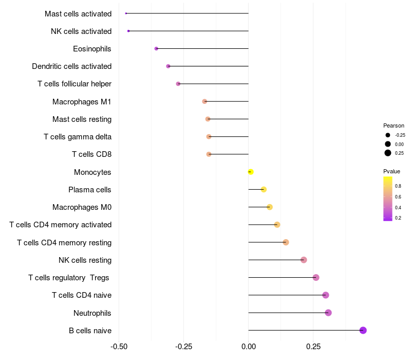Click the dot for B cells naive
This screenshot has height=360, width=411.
pyautogui.click(x=363, y=330)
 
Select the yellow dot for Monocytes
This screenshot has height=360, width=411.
pyautogui.click(x=251, y=172)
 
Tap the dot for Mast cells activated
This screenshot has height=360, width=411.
pyautogui.click(x=126, y=13)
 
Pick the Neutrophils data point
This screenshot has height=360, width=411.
pyautogui.click(x=328, y=313)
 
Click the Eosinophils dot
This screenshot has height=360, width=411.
pyautogui.click(x=156, y=48)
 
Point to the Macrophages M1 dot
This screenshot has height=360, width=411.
pyautogui.click(x=204, y=101)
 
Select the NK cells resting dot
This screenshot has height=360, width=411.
pyautogui.click(x=304, y=260)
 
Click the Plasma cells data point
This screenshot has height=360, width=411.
pyautogui.click(x=264, y=189)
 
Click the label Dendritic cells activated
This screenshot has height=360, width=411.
pyautogui.click(x=71, y=66)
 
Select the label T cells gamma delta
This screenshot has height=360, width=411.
pyautogui.click(x=78, y=137)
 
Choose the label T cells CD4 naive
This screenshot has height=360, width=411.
pyautogui.click(x=82, y=295)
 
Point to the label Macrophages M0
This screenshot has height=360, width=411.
pyautogui.click(x=82, y=207)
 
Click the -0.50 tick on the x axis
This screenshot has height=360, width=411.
pyautogui.click(x=119, y=346)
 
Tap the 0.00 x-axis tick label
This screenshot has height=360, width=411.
pyautogui.click(x=249, y=346)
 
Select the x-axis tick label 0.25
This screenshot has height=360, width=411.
pyautogui.click(x=313, y=346)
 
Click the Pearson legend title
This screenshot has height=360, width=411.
pyautogui.click(x=394, y=125)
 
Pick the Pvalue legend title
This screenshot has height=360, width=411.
pyautogui.click(x=391, y=171)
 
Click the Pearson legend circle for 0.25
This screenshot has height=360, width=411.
pyautogui.click(x=388, y=153)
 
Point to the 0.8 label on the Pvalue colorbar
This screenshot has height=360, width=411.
pyautogui.click(x=398, y=186)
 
